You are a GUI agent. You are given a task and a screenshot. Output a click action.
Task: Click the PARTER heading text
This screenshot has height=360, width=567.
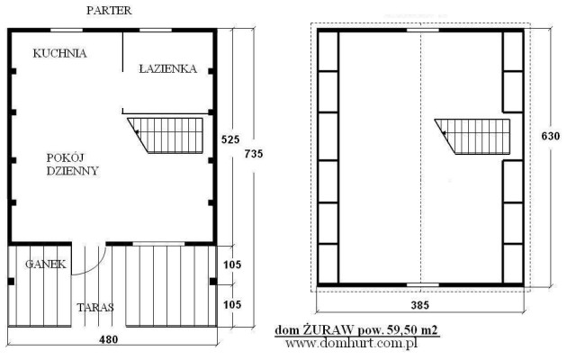pos(109,11)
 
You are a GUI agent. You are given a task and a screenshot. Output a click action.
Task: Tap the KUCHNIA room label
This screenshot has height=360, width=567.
pos(59,53)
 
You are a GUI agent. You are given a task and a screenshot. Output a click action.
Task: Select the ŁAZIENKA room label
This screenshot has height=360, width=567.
pos(168,68)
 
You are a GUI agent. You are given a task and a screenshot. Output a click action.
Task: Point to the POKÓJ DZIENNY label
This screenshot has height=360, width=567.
pos(72,165)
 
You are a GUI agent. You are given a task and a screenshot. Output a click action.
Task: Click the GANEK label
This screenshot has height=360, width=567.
pos(46,265)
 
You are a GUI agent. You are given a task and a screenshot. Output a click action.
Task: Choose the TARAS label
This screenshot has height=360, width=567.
pos(95,308)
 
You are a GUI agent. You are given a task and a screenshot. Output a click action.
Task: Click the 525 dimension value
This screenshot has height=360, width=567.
pos(230,139)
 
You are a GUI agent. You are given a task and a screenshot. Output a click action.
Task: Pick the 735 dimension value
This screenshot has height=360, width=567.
pos(254,154)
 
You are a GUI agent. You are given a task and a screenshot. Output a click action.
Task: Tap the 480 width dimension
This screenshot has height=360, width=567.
pos(109,339)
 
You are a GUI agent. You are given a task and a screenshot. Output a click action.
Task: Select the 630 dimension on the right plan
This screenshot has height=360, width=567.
pos(551,136)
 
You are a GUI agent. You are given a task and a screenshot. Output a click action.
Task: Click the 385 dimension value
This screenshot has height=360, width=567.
pos(420,305)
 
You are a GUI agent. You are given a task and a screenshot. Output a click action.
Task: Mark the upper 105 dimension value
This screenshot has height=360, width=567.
pos(232,265)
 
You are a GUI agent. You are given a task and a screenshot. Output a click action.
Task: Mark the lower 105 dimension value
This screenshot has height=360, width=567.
pos(232,305)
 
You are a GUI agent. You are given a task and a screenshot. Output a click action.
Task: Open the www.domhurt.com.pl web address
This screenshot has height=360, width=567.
pos(351,343)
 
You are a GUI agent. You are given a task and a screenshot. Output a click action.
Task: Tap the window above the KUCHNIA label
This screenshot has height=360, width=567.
pos(67,30)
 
